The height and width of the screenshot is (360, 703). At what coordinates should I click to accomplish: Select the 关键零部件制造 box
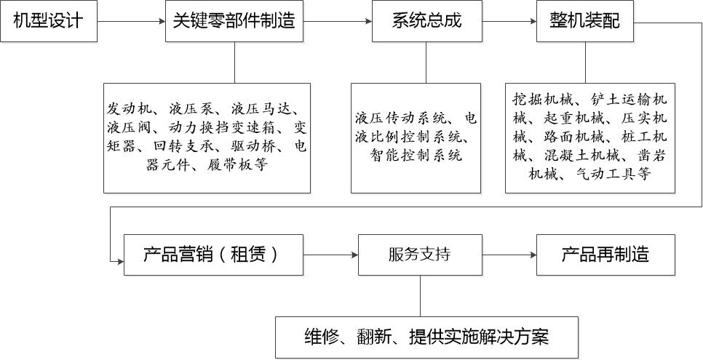234,22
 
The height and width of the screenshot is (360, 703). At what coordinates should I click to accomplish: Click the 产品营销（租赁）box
213,255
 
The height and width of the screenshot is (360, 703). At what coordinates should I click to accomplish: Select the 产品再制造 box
605,255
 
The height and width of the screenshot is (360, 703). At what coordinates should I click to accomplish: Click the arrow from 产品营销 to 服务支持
330,255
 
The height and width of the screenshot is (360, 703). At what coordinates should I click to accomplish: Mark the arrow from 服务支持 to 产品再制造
509,255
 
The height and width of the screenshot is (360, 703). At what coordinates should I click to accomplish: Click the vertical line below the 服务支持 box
420,295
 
